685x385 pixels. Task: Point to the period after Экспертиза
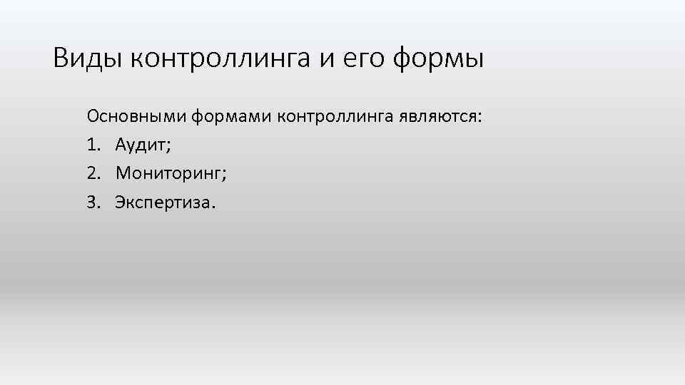(x=210, y=207)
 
